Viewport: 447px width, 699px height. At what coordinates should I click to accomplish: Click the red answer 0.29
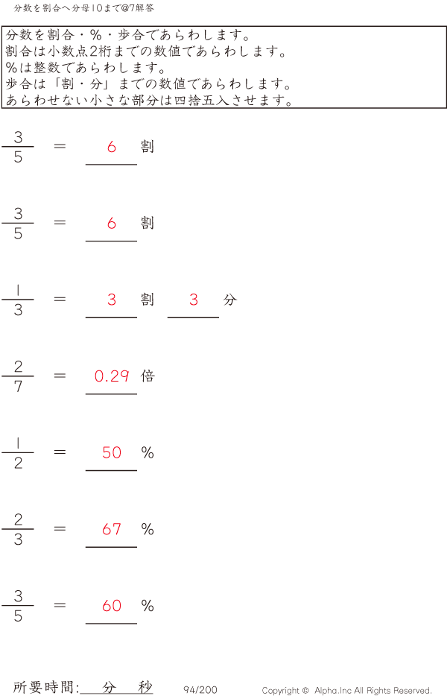[112, 376]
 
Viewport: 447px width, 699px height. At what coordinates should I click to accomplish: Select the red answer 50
[112, 453]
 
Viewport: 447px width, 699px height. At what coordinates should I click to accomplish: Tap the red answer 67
[112, 530]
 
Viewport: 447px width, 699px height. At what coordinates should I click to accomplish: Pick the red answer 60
[112, 607]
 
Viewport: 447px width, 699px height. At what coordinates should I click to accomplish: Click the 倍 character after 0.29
[148, 376]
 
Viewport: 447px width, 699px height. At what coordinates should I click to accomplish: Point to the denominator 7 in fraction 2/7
[18, 387]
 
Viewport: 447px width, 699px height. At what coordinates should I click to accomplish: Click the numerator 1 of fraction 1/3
[18, 290]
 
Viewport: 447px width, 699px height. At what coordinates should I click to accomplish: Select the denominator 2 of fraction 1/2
[18, 464]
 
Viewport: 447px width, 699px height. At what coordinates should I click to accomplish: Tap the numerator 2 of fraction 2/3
[18, 519]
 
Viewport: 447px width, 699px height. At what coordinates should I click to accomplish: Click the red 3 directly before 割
[112, 300]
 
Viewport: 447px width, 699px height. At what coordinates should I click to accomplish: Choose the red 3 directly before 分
[194, 300]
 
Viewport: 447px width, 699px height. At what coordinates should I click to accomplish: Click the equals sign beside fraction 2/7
[60, 376]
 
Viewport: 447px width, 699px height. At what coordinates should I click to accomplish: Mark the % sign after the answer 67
[148, 530]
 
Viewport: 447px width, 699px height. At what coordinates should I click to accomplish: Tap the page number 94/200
[200, 690]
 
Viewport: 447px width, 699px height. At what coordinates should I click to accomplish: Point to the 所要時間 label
[45, 688]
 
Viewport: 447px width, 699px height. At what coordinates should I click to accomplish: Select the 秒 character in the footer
[145, 687]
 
